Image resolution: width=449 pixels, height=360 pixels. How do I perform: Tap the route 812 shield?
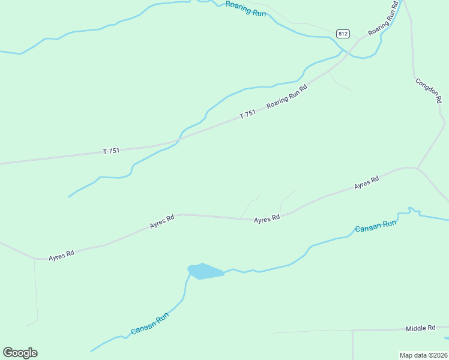[343, 34]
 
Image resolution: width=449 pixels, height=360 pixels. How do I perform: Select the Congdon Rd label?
[429, 91]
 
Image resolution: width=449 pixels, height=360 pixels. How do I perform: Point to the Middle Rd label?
[420, 328]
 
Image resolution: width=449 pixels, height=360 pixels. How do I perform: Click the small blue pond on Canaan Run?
[205, 272]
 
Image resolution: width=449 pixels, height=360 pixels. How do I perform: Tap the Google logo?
[20, 352]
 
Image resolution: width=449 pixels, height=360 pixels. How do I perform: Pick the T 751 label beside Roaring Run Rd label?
[248, 114]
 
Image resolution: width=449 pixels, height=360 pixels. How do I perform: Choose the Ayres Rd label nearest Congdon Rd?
[366, 182]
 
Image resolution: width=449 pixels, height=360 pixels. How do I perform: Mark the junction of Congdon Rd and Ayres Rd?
[417, 168]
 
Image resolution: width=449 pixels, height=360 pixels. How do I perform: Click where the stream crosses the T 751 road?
[179, 140]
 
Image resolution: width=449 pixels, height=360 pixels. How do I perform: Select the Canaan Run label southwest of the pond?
[150, 325]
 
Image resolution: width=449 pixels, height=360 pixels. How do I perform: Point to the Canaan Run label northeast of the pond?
[376, 227]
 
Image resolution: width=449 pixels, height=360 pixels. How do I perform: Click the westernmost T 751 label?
[111, 151]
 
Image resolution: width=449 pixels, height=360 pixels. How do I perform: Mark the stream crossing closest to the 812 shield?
[344, 52]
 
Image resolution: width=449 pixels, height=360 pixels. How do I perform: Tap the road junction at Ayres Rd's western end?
[35, 259]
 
